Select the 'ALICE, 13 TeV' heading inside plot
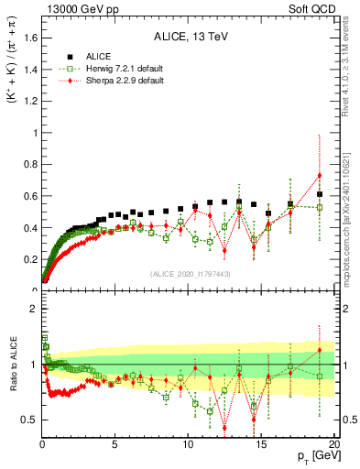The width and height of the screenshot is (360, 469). (x=188, y=38)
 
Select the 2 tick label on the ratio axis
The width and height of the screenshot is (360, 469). (x=34, y=310)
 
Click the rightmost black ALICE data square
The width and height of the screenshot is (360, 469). (x=319, y=194)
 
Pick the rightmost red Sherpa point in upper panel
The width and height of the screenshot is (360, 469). (x=319, y=176)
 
